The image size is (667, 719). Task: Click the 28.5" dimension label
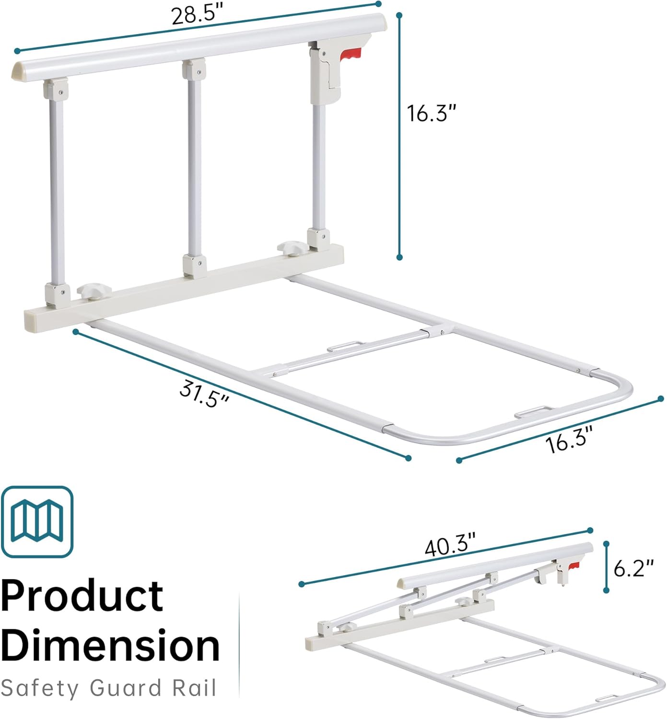197,15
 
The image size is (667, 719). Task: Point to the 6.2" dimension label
633,568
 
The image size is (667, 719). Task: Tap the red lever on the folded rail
573,567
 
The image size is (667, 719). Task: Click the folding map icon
37,522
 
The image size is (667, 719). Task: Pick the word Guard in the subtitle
126,688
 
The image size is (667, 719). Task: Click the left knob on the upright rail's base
94,290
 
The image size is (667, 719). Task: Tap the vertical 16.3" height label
431,113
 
